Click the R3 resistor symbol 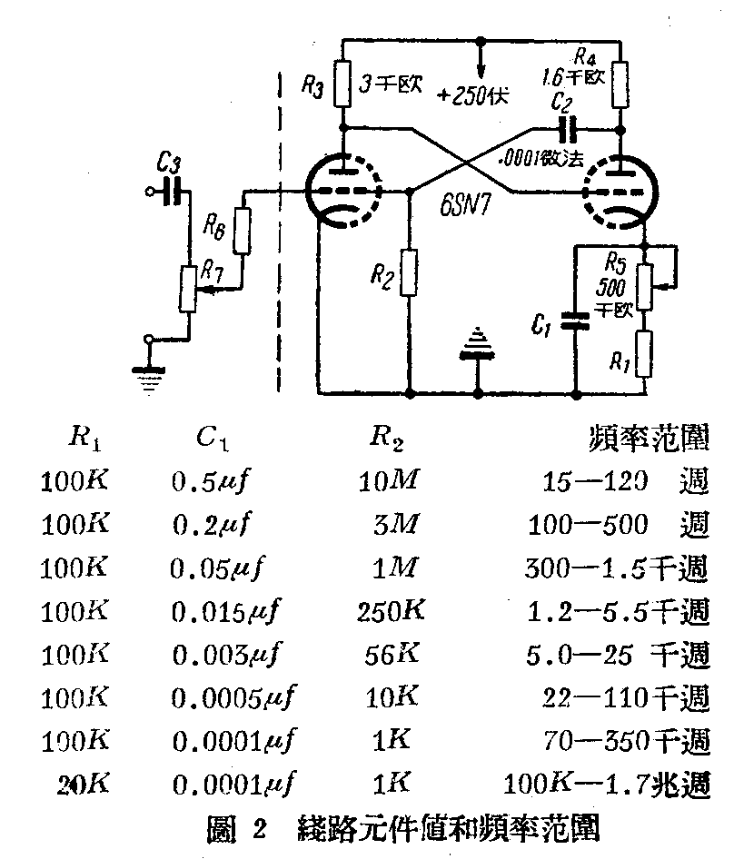pos(342,83)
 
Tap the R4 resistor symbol pos(620,84)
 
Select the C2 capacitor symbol pos(568,126)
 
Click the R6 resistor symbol pos(242,232)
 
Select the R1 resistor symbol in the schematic pos(642,353)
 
